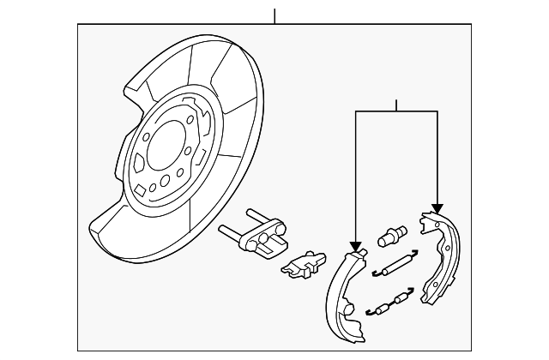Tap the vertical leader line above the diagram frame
pyautogui.click(x=274, y=15)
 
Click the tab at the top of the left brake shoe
pyautogui.click(x=359, y=251)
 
